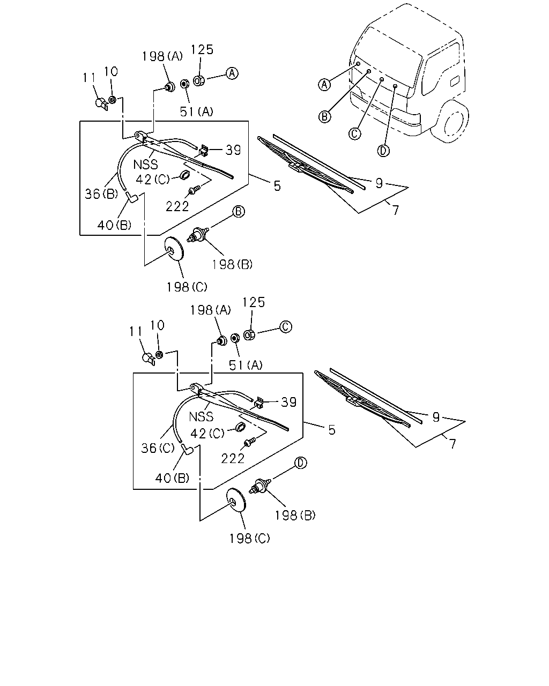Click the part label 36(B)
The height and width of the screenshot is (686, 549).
click(x=101, y=194)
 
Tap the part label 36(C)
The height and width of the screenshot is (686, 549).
click(x=158, y=448)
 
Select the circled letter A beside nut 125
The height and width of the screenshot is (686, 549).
click(x=232, y=73)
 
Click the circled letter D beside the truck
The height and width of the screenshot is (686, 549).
click(x=383, y=151)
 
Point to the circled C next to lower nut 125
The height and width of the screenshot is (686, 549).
click(x=286, y=327)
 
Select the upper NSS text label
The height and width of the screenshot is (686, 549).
click(x=145, y=165)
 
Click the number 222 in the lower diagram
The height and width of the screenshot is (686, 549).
click(x=233, y=458)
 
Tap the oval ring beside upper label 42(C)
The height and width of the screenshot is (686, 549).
click(x=185, y=175)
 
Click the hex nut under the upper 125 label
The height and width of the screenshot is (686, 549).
click(x=199, y=80)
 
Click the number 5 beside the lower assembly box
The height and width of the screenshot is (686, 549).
click(x=332, y=430)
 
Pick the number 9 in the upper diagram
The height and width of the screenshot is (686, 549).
click(x=379, y=183)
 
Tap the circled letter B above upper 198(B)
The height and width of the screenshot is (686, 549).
click(x=239, y=212)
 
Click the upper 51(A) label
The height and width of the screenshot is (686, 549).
click(x=197, y=111)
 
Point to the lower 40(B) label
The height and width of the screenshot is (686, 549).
click(x=172, y=478)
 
